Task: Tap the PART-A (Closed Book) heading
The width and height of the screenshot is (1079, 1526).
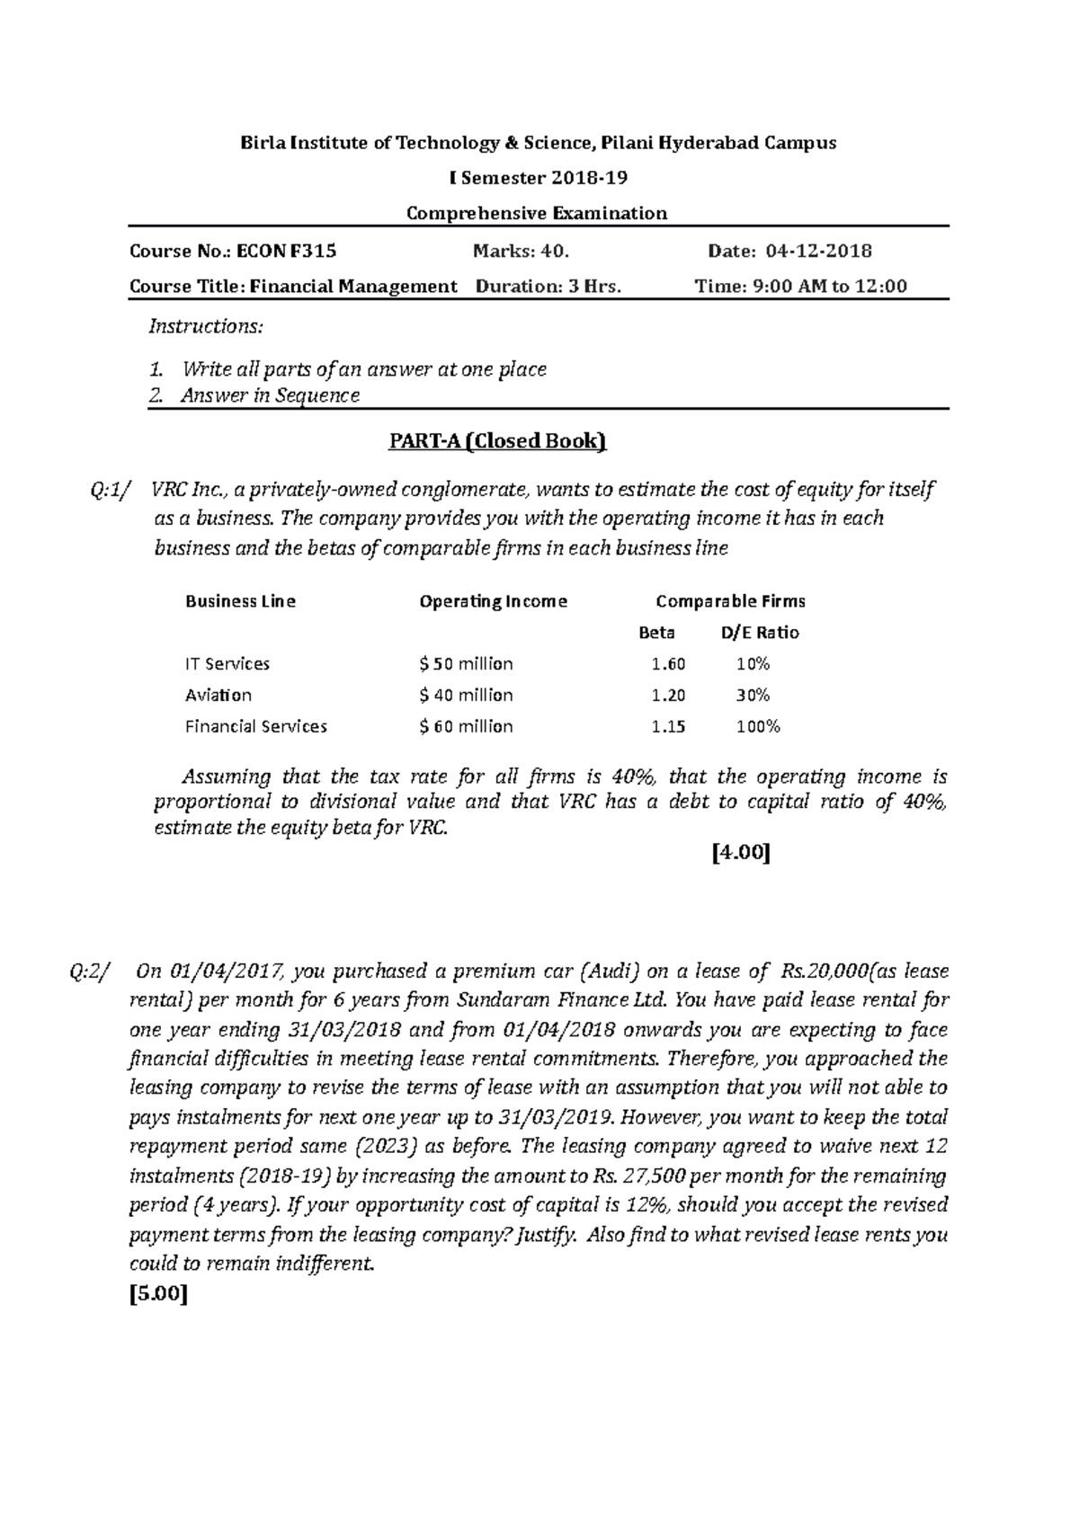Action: point(497,440)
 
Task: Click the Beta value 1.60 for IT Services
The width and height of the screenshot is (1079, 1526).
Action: point(668,664)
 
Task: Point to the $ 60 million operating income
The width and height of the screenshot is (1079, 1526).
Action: point(466,726)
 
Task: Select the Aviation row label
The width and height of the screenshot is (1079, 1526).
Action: point(218,696)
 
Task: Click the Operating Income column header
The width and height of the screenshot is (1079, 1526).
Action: point(493,601)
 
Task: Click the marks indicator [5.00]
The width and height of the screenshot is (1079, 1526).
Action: point(159,1295)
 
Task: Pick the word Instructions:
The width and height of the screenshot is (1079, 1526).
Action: point(206,326)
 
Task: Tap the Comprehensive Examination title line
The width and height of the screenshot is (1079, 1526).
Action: point(537,214)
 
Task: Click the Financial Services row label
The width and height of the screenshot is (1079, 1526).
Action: point(256,726)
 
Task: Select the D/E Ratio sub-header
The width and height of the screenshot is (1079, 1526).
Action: point(760,633)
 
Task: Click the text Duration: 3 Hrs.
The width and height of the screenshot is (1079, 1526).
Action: point(548,287)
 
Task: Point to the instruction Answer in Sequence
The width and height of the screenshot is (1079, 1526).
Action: point(270,395)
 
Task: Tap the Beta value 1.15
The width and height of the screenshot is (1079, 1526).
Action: point(668,726)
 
